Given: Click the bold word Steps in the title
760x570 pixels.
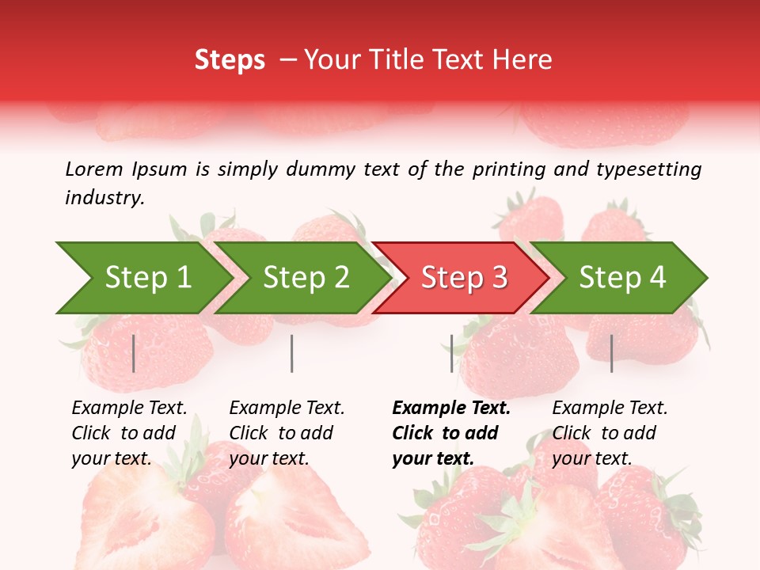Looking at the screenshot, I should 230,60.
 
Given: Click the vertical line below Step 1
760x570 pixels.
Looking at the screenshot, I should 134,353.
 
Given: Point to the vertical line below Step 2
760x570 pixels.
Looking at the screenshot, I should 292,353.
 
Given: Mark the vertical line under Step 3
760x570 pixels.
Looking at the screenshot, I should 452,353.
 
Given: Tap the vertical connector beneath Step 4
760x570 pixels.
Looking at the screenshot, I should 612,353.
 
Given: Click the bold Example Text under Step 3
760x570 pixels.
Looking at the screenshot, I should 451,408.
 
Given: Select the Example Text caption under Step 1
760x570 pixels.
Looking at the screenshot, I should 129,408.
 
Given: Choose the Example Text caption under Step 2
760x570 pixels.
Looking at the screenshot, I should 287,408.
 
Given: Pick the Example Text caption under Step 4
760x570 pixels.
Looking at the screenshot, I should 610,408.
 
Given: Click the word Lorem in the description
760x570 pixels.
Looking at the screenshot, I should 94,169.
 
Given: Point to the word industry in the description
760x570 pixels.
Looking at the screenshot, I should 104,198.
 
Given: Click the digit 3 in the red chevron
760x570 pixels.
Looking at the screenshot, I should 498,278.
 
